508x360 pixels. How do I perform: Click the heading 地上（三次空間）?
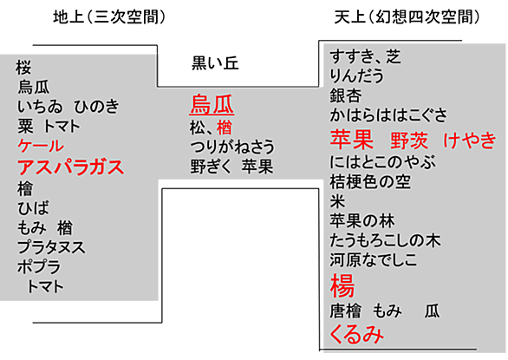point(109,16)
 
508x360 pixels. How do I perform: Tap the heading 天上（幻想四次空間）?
point(407,16)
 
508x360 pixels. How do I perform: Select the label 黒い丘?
point(215,63)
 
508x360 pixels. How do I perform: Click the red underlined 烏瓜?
point(212,104)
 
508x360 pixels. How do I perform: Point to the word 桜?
point(23,68)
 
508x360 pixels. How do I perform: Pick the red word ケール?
point(41,146)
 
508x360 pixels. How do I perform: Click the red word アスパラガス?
point(70,167)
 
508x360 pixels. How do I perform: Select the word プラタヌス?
point(51,247)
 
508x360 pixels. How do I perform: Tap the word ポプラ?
point(39,267)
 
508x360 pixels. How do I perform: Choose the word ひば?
point(33,208)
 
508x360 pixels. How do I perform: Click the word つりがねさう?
point(232,147)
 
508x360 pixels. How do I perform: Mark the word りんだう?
point(356,75)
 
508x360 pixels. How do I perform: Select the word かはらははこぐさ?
point(388,115)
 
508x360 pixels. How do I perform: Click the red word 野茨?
point(409,141)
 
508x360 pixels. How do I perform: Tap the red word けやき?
point(470,141)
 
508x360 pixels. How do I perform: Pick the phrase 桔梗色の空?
point(370,181)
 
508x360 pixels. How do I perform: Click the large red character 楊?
point(342,285)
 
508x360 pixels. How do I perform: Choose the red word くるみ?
point(356,334)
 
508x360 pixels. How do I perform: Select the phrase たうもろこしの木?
point(385,240)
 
